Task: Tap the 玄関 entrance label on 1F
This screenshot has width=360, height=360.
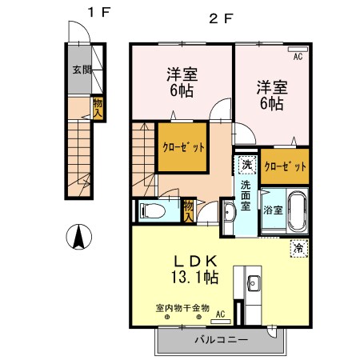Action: coord(82,69)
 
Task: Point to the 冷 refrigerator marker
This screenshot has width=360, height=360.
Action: coord(298,248)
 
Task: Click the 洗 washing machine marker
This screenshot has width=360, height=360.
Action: coord(247,165)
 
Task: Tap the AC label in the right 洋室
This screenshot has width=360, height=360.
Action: coord(297,58)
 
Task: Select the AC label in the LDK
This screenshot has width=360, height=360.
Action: coord(219,314)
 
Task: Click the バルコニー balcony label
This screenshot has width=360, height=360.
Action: coord(221,339)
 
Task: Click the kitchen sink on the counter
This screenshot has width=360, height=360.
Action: coord(253,282)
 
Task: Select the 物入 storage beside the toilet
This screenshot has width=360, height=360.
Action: coord(189,210)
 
